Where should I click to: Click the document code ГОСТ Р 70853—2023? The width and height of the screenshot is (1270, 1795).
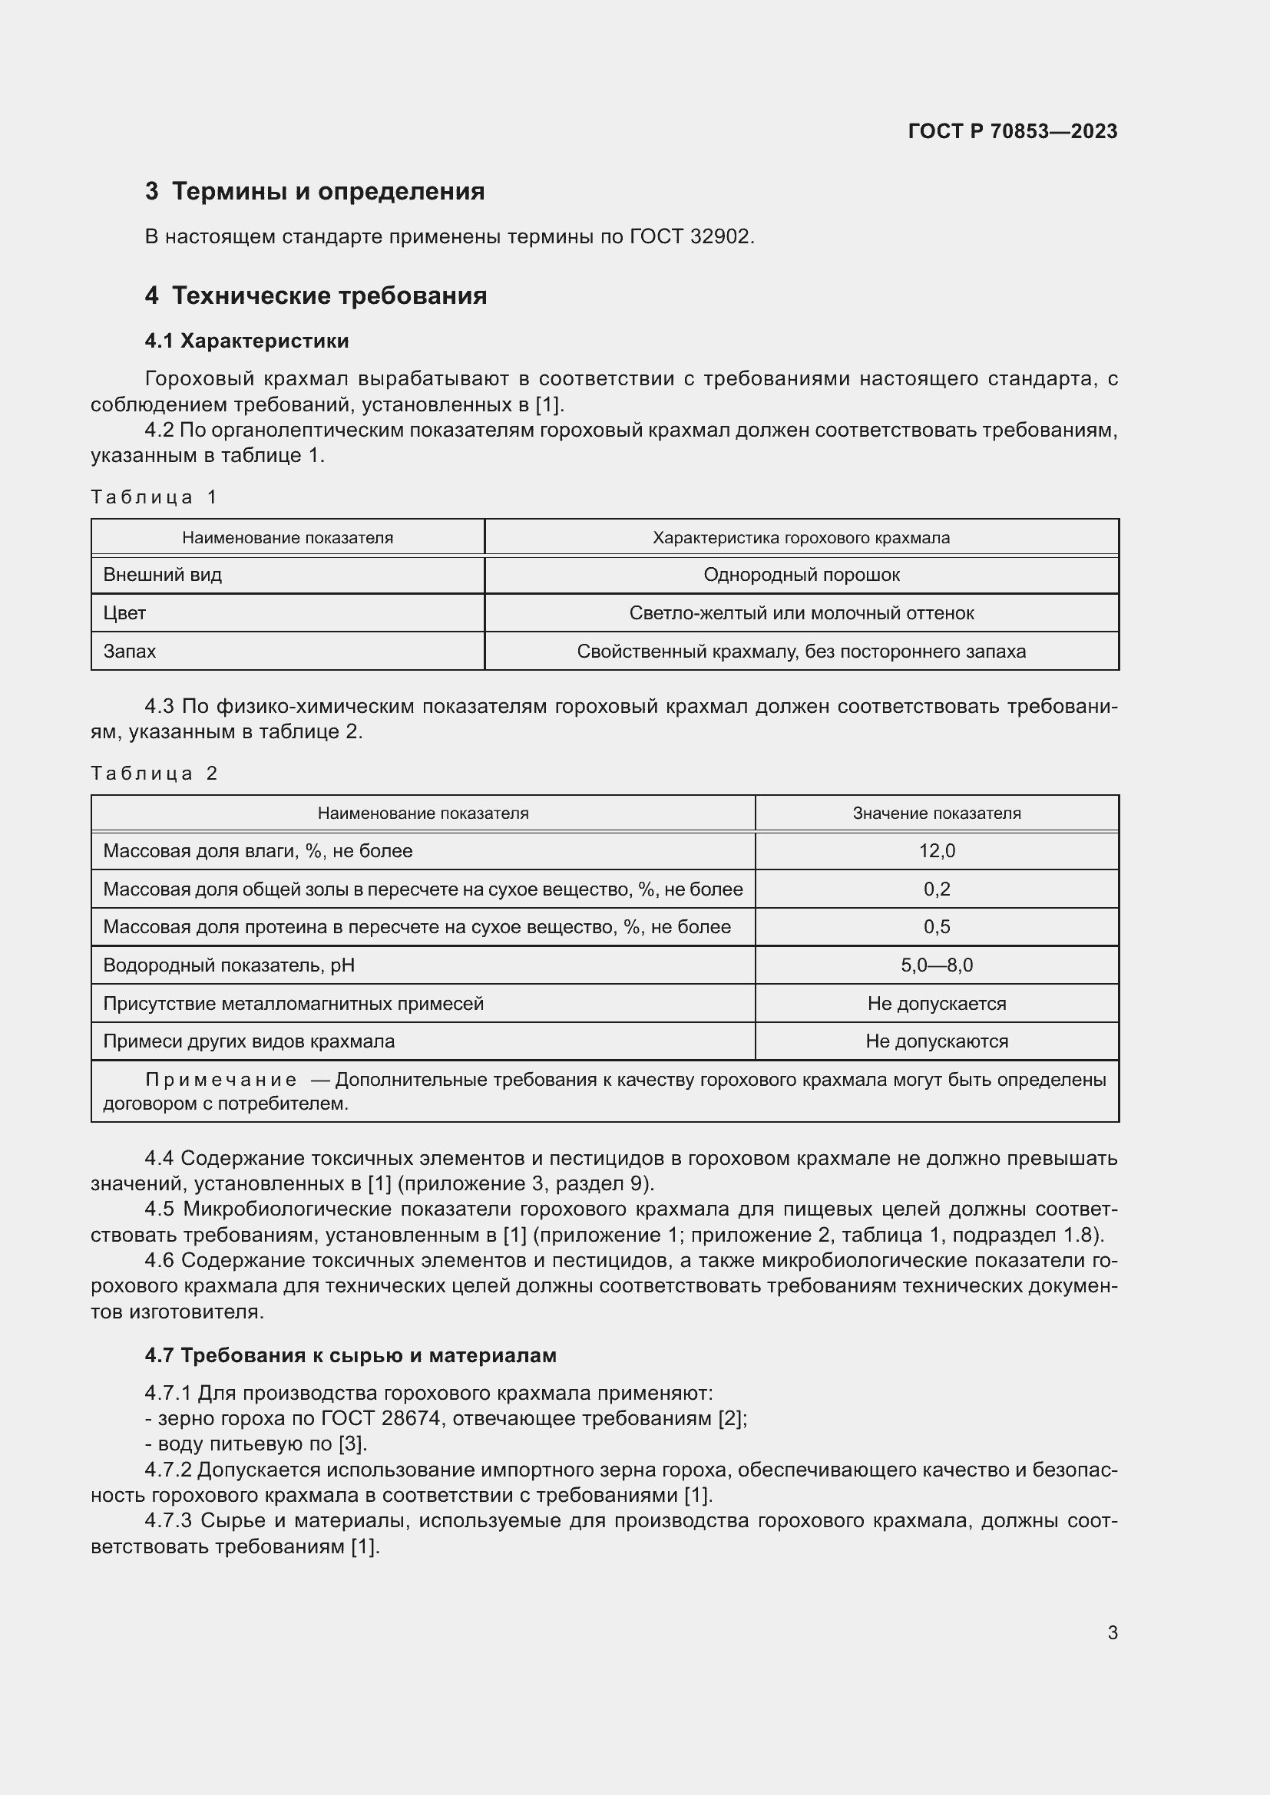1012,131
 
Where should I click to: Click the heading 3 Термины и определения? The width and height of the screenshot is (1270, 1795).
314,192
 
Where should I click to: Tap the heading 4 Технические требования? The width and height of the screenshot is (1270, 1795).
316,295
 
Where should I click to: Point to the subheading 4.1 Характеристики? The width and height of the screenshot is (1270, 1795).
246,341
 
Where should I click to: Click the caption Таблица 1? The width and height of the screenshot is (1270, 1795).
154,497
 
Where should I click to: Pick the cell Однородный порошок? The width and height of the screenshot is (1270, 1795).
801,576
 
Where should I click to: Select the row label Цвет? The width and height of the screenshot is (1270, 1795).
125,613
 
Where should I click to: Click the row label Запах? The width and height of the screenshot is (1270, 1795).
130,652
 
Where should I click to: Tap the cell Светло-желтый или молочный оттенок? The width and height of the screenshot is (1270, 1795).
801,613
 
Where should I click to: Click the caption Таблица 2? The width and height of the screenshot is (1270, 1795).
154,774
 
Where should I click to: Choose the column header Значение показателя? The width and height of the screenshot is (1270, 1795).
936,813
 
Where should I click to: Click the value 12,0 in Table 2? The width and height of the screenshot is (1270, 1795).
936,850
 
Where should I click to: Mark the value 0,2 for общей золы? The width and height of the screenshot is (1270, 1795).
936,889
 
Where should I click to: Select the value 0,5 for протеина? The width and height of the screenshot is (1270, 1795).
936,927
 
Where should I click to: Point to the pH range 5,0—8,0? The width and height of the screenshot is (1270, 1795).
936,965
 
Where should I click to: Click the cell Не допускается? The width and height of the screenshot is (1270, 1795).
936,1004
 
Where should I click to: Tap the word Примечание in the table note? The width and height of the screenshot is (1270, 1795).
221,1081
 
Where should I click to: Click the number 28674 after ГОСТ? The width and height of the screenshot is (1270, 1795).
412,1418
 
